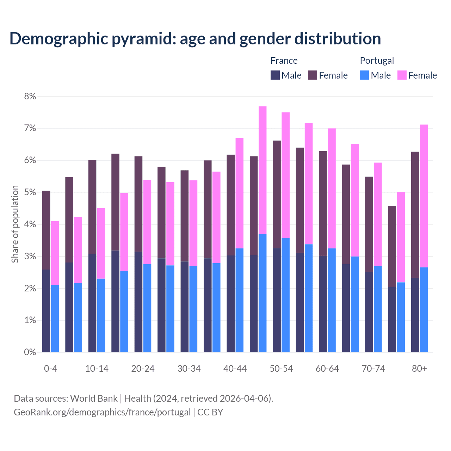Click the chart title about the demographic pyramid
point(195,38)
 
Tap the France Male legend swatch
point(275,75)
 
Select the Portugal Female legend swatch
point(402,75)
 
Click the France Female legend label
point(333,75)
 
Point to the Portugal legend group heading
point(377,61)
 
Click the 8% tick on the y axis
point(30,96)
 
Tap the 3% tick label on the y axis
point(30,257)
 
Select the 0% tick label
point(30,352)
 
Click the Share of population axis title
point(15,224)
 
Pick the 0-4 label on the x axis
point(50,369)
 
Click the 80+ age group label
point(419,369)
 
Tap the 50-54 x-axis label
point(281,369)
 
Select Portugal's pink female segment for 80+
point(424,196)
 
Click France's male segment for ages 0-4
point(46,311)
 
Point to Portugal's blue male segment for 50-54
point(286,295)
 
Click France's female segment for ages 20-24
point(138,204)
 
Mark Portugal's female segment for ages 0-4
point(55,253)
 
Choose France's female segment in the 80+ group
point(415,215)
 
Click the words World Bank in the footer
point(94,399)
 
